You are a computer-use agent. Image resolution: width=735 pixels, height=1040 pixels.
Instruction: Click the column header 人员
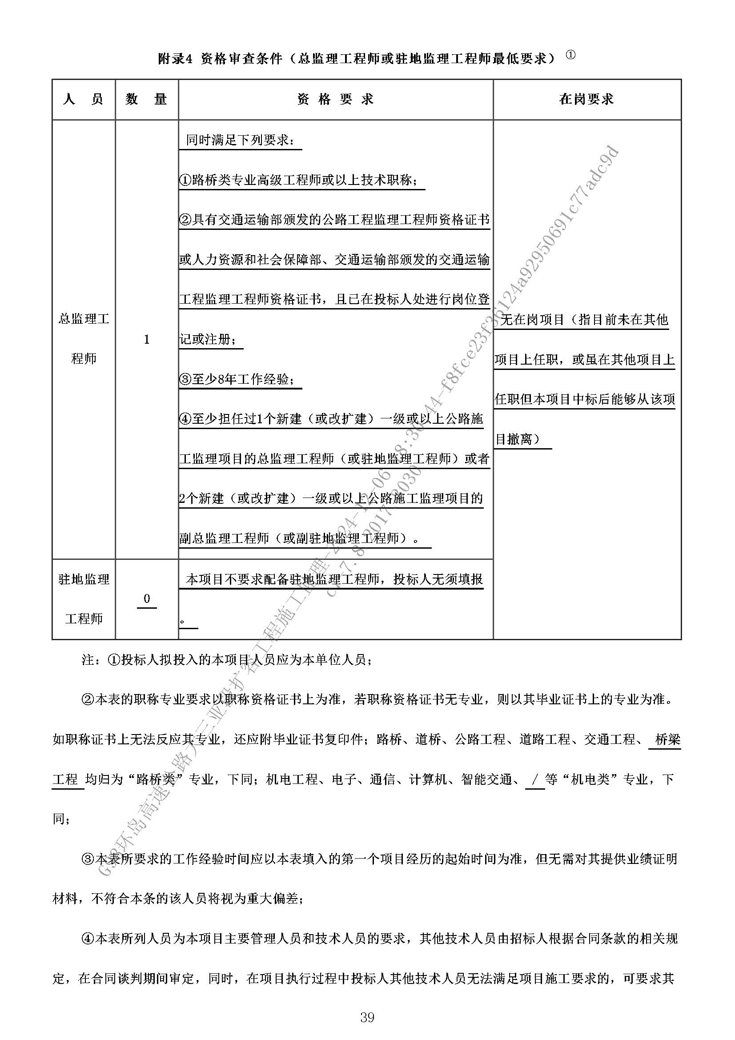coord(84,100)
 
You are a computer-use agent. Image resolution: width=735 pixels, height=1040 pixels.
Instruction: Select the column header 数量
coord(147,100)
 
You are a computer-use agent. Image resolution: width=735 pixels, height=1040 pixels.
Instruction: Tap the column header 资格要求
coord(336,100)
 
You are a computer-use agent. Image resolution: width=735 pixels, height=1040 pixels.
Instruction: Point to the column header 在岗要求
coord(586,100)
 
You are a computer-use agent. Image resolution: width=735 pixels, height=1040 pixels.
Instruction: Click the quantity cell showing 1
coord(147,340)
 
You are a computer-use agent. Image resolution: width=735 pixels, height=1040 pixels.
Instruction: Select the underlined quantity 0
coord(147,599)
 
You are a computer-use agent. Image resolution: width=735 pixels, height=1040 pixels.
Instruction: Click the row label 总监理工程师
coord(84,339)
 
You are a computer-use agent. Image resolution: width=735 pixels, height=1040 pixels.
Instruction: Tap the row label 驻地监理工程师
coord(84,599)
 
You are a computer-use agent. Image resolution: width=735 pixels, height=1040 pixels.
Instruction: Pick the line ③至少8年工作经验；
coord(241,379)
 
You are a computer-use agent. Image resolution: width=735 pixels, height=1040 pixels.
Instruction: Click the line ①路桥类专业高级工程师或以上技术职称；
coord(301,180)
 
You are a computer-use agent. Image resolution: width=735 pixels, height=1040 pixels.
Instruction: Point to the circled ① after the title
coord(570,55)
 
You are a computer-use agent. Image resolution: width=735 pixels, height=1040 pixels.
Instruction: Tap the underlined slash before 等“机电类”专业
coord(535,779)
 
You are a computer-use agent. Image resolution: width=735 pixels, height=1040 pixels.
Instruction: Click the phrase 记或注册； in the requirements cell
coord(211,339)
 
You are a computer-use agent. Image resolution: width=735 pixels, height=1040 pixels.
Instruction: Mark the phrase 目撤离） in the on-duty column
coord(522,439)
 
